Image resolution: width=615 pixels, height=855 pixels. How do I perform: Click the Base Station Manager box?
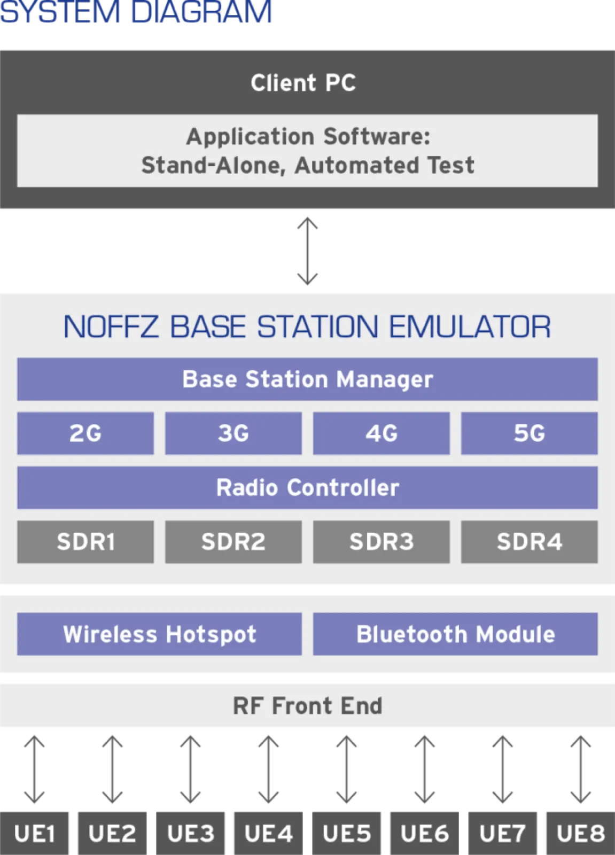(307, 379)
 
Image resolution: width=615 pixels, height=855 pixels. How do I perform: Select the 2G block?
(85, 433)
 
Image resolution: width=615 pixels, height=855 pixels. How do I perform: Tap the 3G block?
(233, 433)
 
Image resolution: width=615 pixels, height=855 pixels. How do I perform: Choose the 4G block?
(382, 433)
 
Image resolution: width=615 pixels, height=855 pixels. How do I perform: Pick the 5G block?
(530, 433)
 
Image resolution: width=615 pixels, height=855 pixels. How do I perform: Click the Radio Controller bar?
(307, 487)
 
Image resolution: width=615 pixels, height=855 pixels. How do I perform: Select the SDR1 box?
(85, 542)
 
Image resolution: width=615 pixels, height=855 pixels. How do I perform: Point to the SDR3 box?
(382, 542)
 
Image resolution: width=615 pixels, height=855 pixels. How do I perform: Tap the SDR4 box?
(530, 542)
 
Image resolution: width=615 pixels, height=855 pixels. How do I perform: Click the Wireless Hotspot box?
(160, 634)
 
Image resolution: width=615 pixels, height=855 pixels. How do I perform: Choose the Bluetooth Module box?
(455, 634)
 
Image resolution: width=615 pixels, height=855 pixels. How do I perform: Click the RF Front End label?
(307, 705)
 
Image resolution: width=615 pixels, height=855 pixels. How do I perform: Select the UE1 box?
(34, 834)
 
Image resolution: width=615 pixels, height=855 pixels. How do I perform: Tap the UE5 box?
(347, 834)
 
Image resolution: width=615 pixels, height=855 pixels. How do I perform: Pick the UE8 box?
(581, 834)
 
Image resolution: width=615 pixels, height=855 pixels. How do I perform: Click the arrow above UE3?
(191, 770)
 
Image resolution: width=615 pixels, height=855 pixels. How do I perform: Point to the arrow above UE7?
(503, 770)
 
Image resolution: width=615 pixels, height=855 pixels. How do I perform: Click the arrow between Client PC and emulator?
(307, 251)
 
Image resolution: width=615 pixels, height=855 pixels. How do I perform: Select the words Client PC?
(303, 83)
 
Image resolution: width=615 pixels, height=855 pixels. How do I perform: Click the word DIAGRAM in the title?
(201, 12)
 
